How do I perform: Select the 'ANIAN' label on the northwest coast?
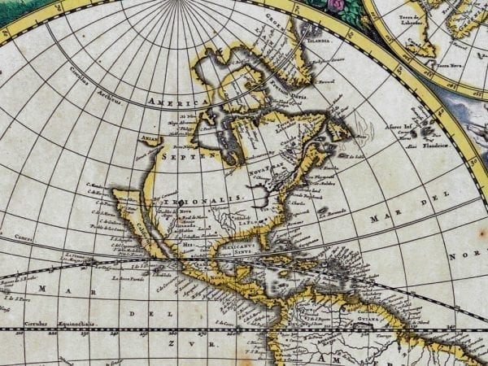click(150, 138)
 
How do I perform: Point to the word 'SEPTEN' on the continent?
click(180, 154)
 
